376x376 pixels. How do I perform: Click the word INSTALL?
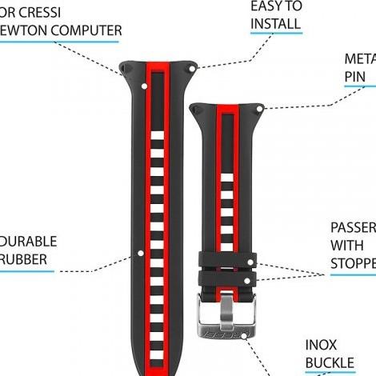point(276,23)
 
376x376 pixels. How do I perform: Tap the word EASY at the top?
point(267,6)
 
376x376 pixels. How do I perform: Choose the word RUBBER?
point(24,258)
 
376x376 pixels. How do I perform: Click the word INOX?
point(321,346)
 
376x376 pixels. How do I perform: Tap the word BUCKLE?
point(329,364)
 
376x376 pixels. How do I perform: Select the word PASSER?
point(353,226)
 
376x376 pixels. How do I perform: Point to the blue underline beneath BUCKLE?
point(329,374)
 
